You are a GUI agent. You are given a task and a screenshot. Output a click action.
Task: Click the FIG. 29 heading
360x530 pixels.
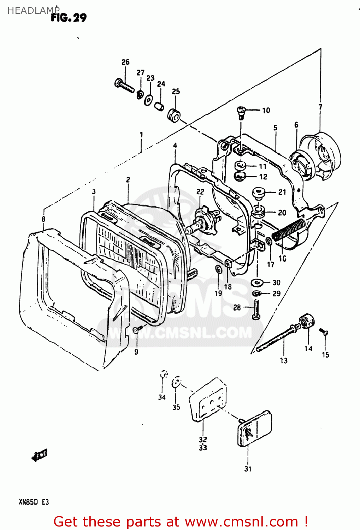click(69, 17)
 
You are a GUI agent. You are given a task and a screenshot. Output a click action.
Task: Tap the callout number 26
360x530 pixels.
click(125, 62)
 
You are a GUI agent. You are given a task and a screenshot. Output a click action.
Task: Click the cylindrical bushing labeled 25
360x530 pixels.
click(174, 116)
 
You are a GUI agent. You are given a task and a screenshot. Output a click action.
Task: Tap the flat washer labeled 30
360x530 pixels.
click(257, 283)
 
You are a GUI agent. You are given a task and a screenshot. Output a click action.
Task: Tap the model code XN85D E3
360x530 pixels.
click(34, 502)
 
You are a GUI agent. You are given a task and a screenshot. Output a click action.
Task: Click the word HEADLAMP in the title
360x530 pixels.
click(31, 11)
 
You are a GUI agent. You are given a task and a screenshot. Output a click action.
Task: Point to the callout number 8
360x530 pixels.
click(43, 219)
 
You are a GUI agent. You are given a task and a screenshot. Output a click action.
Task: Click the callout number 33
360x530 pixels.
click(203, 448)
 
